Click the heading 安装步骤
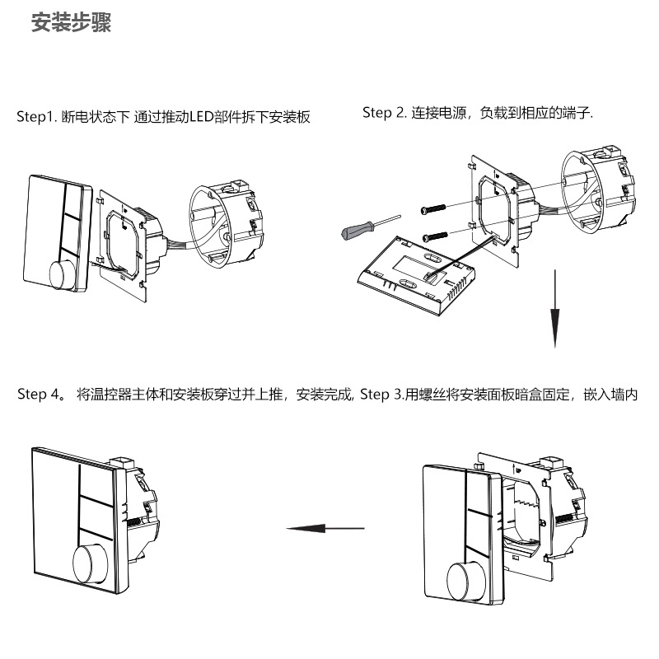coord(71,23)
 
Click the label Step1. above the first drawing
coord(37,117)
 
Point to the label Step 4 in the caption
coord(38,395)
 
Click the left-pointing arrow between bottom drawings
coord(325,528)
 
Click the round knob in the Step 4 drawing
coord(91,563)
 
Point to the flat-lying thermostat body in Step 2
coord(415,272)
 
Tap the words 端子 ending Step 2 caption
coord(576,113)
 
